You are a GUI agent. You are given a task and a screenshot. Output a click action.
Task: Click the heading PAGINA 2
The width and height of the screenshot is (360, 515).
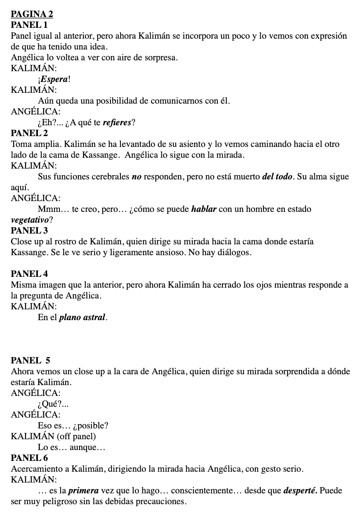tap(32, 14)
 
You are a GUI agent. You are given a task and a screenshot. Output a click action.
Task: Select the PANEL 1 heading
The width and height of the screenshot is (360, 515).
tap(29, 25)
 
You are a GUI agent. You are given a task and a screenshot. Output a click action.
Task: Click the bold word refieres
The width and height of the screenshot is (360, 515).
tap(117, 123)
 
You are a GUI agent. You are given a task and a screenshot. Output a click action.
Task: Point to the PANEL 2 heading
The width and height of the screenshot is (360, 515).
tap(30, 133)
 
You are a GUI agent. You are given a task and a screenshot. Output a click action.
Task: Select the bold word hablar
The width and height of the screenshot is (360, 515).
tap(205, 209)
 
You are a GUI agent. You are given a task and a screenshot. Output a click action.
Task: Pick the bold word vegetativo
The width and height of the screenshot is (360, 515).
tap(30, 220)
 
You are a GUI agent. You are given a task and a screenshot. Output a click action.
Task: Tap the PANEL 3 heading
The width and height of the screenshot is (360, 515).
tap(30, 231)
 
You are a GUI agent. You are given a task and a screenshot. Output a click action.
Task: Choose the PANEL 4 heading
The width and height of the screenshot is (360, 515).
tap(30, 274)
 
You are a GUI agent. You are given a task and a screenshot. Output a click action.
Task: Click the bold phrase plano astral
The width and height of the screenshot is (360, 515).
tap(82, 317)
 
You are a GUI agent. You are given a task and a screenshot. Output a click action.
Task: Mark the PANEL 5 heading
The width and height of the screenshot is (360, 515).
tap(31, 361)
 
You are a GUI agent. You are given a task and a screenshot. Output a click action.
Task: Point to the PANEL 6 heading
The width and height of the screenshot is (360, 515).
tap(30, 458)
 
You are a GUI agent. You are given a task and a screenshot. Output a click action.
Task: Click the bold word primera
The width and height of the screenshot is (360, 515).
tap(83, 491)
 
